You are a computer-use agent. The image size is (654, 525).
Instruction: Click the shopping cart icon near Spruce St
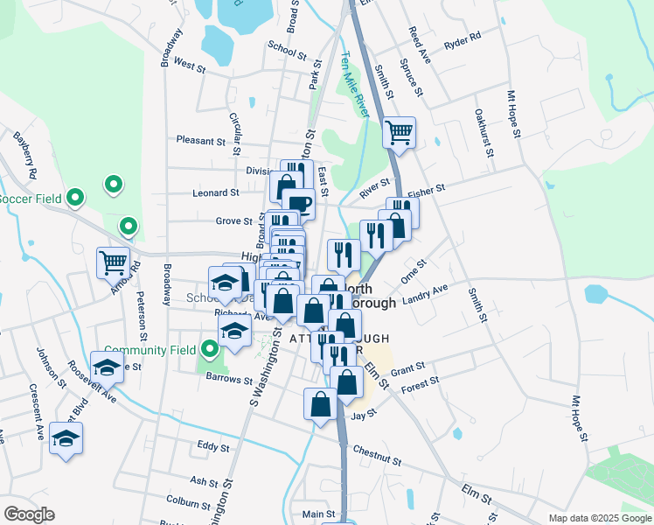[399, 133]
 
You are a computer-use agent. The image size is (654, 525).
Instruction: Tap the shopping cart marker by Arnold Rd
[113, 262]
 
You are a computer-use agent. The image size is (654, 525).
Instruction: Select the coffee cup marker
[298, 203]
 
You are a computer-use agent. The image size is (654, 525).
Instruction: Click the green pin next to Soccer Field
[75, 198]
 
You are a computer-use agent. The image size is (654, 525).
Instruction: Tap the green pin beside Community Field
[209, 350]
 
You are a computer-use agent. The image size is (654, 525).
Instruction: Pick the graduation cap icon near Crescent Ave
[66, 437]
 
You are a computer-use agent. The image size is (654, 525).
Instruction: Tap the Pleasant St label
[200, 140]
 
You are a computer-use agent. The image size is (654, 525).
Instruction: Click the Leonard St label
[215, 192]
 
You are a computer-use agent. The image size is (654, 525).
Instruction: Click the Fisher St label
[427, 188]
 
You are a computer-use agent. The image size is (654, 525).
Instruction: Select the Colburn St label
[189, 500]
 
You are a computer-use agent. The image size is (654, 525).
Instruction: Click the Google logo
[29, 514]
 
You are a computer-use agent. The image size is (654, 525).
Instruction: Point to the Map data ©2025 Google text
[599, 518]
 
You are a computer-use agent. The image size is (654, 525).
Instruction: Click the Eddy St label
[212, 446]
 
